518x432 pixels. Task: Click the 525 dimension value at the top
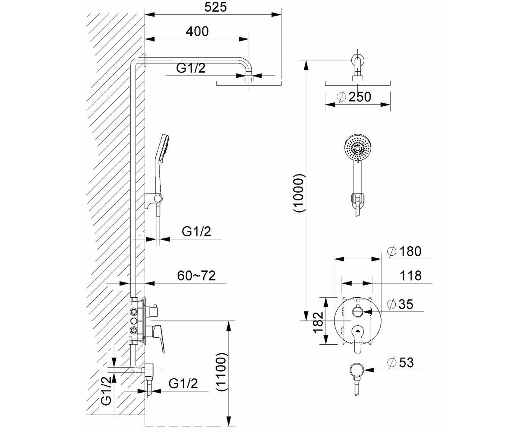215,7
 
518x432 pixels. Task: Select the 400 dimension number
197,32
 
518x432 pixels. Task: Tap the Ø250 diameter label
354,97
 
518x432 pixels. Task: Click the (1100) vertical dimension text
221,372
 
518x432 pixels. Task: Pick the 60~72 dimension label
196,276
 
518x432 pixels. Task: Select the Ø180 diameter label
404,251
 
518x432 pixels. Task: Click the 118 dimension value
411,276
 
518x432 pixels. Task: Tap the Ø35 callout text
401,304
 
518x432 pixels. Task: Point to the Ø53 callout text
401,362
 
